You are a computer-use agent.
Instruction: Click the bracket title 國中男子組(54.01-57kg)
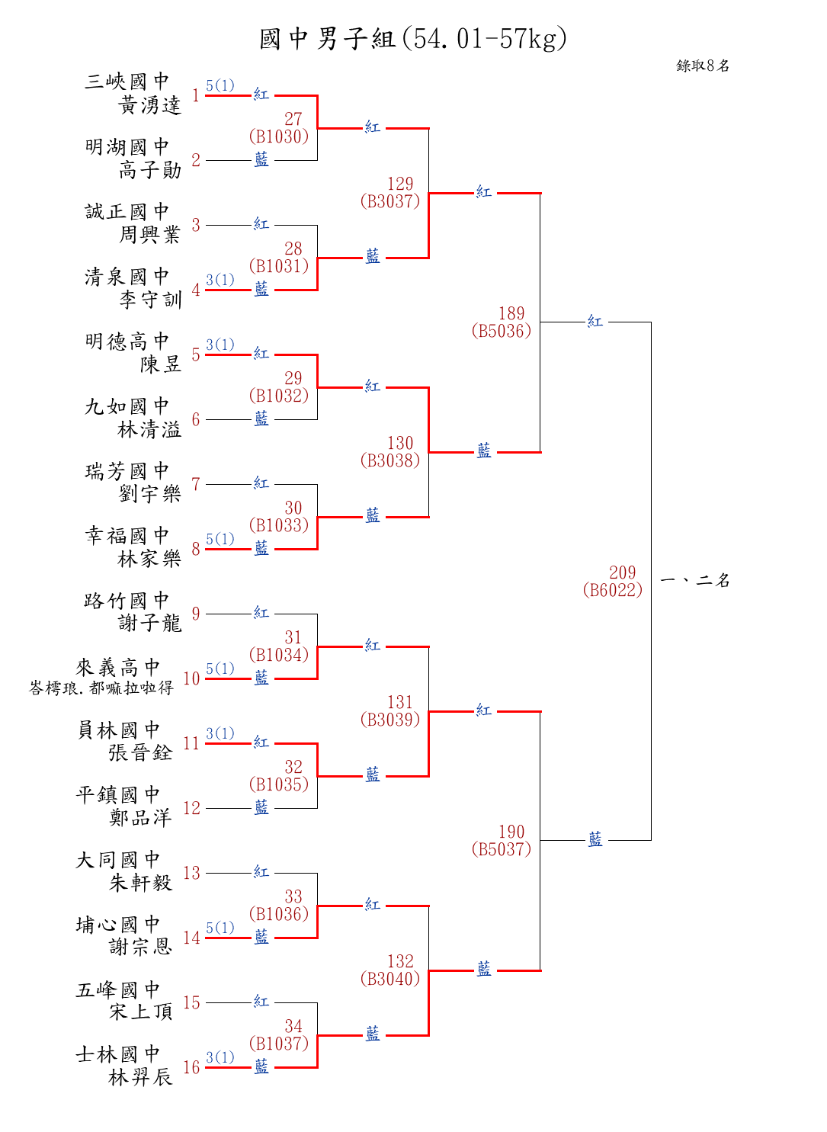[x=413, y=38]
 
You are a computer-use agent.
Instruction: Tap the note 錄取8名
[x=703, y=66]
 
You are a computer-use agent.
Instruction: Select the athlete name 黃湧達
[x=150, y=105]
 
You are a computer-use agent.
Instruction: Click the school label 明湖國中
[x=127, y=146]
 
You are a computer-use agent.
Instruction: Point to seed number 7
[x=196, y=484]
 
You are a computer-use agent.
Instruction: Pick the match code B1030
[x=279, y=136]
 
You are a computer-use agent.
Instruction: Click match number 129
[x=400, y=184]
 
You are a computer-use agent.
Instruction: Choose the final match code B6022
[x=612, y=590]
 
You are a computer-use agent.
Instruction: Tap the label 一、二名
[x=695, y=580]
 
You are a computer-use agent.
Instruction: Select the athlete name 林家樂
[x=149, y=559]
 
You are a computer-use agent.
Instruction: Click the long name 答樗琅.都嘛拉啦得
[x=101, y=688]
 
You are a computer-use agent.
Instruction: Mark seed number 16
[x=191, y=1067]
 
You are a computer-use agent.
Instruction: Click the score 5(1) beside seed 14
[x=220, y=928]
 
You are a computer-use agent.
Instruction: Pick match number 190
[x=511, y=832]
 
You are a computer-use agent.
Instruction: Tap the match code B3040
[x=390, y=979]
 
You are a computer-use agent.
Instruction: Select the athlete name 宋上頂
[x=141, y=1012]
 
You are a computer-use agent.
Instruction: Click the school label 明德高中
[x=127, y=341]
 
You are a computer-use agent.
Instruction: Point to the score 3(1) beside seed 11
[x=220, y=733]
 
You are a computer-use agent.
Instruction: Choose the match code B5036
[x=501, y=331]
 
